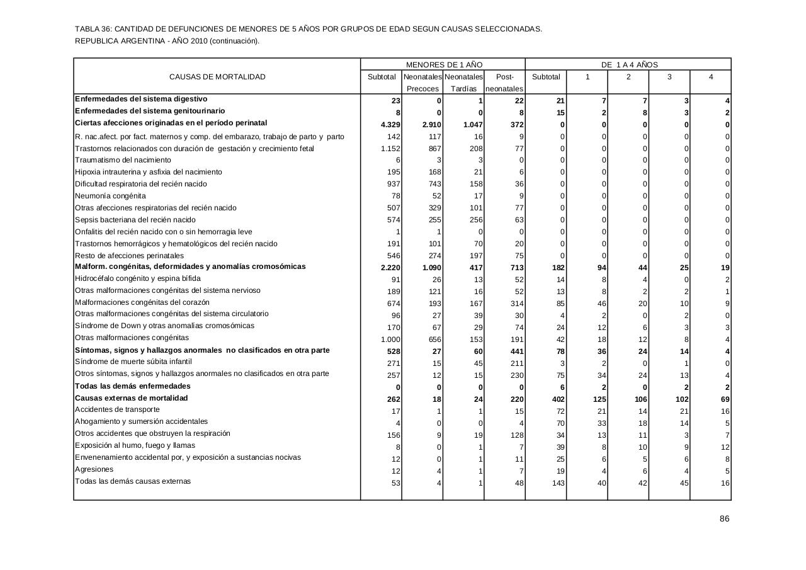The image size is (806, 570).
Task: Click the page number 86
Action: pos(724,519)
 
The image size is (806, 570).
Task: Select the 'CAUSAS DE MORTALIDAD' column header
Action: pos(217,77)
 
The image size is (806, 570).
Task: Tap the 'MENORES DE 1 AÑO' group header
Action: pos(444,65)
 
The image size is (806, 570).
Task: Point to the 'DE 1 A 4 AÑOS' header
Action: pos(629,65)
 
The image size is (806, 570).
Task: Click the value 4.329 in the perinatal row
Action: pos(390,125)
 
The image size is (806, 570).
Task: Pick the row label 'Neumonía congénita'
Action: pos(110,196)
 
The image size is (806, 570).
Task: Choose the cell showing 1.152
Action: pos(391,149)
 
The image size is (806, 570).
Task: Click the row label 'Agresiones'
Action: pos(94,469)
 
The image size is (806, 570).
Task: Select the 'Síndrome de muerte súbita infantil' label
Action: pos(133,362)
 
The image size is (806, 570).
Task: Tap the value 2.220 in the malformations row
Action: pos(390,268)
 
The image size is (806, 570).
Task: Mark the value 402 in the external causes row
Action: pos(557,399)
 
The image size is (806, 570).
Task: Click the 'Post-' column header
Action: pos(505,77)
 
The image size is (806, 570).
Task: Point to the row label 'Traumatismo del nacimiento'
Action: pos(123,160)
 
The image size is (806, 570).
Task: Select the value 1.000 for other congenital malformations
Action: pos(390,339)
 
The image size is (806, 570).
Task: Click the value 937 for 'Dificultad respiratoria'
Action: pos(394,184)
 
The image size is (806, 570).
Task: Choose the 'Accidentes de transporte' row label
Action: pos(117,410)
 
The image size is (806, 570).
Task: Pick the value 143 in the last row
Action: pos(558,483)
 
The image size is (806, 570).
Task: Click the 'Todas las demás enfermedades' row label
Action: pos(132,386)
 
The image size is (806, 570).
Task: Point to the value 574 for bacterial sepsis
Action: pos(394,220)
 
